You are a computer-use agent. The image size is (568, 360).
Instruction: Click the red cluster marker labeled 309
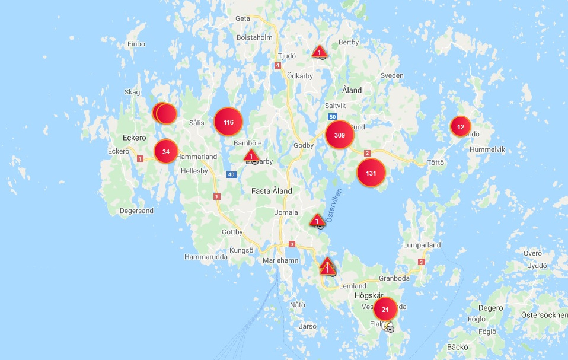point(340,135)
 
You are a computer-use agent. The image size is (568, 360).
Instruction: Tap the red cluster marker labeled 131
point(371,173)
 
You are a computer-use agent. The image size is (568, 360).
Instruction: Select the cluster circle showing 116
point(228,122)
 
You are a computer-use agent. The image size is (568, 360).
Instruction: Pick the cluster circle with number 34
point(166,151)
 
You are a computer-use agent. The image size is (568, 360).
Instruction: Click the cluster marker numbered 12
point(461,126)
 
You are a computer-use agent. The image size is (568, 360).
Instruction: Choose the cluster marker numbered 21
point(385,309)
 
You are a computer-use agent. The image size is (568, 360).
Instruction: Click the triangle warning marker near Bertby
point(320,52)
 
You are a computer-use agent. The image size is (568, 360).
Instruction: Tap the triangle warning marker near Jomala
point(317,220)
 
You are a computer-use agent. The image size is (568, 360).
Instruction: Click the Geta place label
point(243,18)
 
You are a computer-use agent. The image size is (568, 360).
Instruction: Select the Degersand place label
point(136,211)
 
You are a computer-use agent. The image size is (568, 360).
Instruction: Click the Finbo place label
point(136,44)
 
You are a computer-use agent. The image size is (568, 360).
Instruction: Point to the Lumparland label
point(422,245)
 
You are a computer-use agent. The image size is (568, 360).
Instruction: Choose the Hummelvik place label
point(487,150)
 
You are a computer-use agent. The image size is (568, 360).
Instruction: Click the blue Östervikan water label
point(333,211)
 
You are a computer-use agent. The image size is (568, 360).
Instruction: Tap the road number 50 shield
point(333,117)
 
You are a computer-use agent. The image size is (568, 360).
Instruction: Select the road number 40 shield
point(231,174)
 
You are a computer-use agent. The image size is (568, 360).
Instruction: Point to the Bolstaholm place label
point(254,37)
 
